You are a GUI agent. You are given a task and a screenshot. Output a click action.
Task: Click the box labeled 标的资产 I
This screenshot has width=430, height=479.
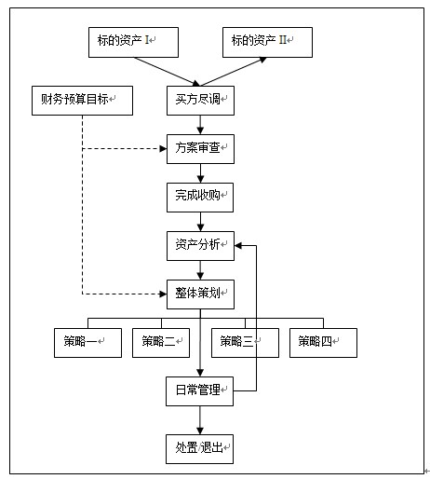click(133, 42)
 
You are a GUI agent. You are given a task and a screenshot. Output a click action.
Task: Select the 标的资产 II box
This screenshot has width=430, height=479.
click(267, 42)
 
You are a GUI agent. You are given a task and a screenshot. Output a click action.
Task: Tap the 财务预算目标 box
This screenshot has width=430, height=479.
click(82, 101)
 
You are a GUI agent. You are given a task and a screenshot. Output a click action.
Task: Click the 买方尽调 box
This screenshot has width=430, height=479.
click(200, 101)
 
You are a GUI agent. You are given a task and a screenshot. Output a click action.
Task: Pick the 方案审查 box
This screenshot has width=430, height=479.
click(200, 149)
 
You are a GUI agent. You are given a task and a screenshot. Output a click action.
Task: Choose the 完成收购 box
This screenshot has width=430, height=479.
click(200, 198)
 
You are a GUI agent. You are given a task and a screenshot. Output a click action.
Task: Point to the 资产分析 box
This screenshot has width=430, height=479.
click(200, 246)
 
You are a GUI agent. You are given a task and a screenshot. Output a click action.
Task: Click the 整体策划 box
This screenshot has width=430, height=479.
click(200, 294)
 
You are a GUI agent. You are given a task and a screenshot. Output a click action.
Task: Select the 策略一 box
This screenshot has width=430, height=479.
click(87, 343)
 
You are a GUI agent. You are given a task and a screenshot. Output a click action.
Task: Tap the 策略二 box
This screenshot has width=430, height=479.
click(161, 343)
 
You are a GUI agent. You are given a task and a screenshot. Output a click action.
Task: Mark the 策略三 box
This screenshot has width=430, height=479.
click(245, 343)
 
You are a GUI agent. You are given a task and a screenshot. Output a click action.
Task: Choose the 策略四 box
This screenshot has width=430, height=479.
click(323, 343)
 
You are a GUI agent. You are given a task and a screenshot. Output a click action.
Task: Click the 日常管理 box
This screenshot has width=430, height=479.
click(199, 391)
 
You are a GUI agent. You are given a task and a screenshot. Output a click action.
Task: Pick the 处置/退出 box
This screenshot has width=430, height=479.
click(199, 449)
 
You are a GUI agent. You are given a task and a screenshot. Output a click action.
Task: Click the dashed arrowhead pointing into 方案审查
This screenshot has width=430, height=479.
click(163, 149)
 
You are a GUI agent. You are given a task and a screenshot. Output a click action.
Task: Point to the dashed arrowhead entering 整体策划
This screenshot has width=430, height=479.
click(163, 294)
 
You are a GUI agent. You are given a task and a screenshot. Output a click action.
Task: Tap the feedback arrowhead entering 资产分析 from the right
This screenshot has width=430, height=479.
click(238, 246)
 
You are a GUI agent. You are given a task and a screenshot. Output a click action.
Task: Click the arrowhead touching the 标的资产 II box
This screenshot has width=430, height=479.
click(262, 60)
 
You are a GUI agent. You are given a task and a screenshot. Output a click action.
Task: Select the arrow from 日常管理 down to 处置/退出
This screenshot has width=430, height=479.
click(200, 420)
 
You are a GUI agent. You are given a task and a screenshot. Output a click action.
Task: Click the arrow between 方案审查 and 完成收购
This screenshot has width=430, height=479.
click(200, 173)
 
